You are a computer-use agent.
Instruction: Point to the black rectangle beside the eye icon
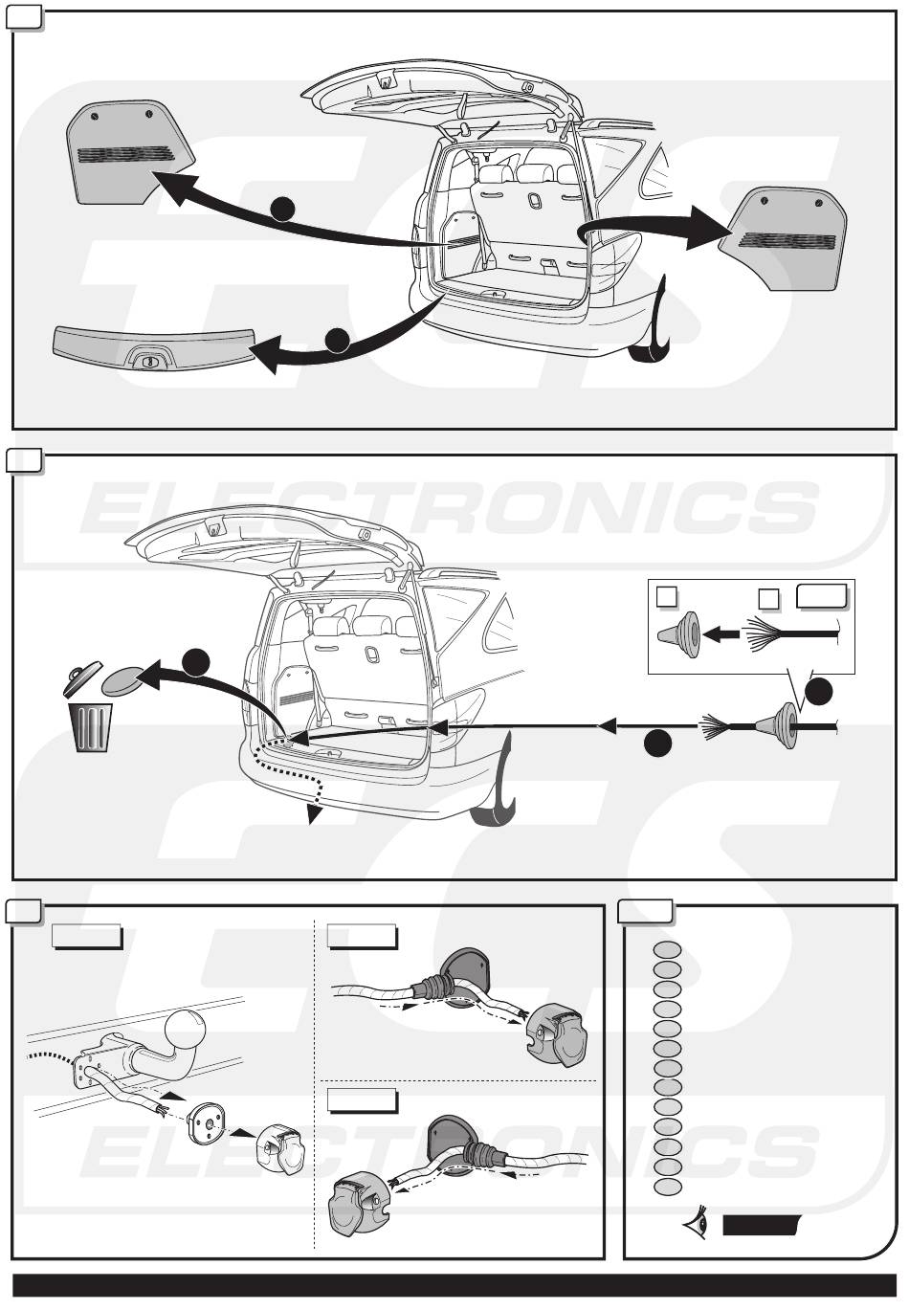pos(761,1225)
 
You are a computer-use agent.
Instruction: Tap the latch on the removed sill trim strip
pos(149,362)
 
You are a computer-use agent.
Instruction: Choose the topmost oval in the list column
pos(668,950)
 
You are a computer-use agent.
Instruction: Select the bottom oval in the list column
pos(668,1187)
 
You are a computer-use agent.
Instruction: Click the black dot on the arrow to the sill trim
pos(337,340)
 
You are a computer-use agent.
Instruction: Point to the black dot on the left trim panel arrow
pos(279,209)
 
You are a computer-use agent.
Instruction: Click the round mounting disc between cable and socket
pos(204,1121)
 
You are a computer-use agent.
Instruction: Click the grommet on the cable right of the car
pos(784,727)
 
